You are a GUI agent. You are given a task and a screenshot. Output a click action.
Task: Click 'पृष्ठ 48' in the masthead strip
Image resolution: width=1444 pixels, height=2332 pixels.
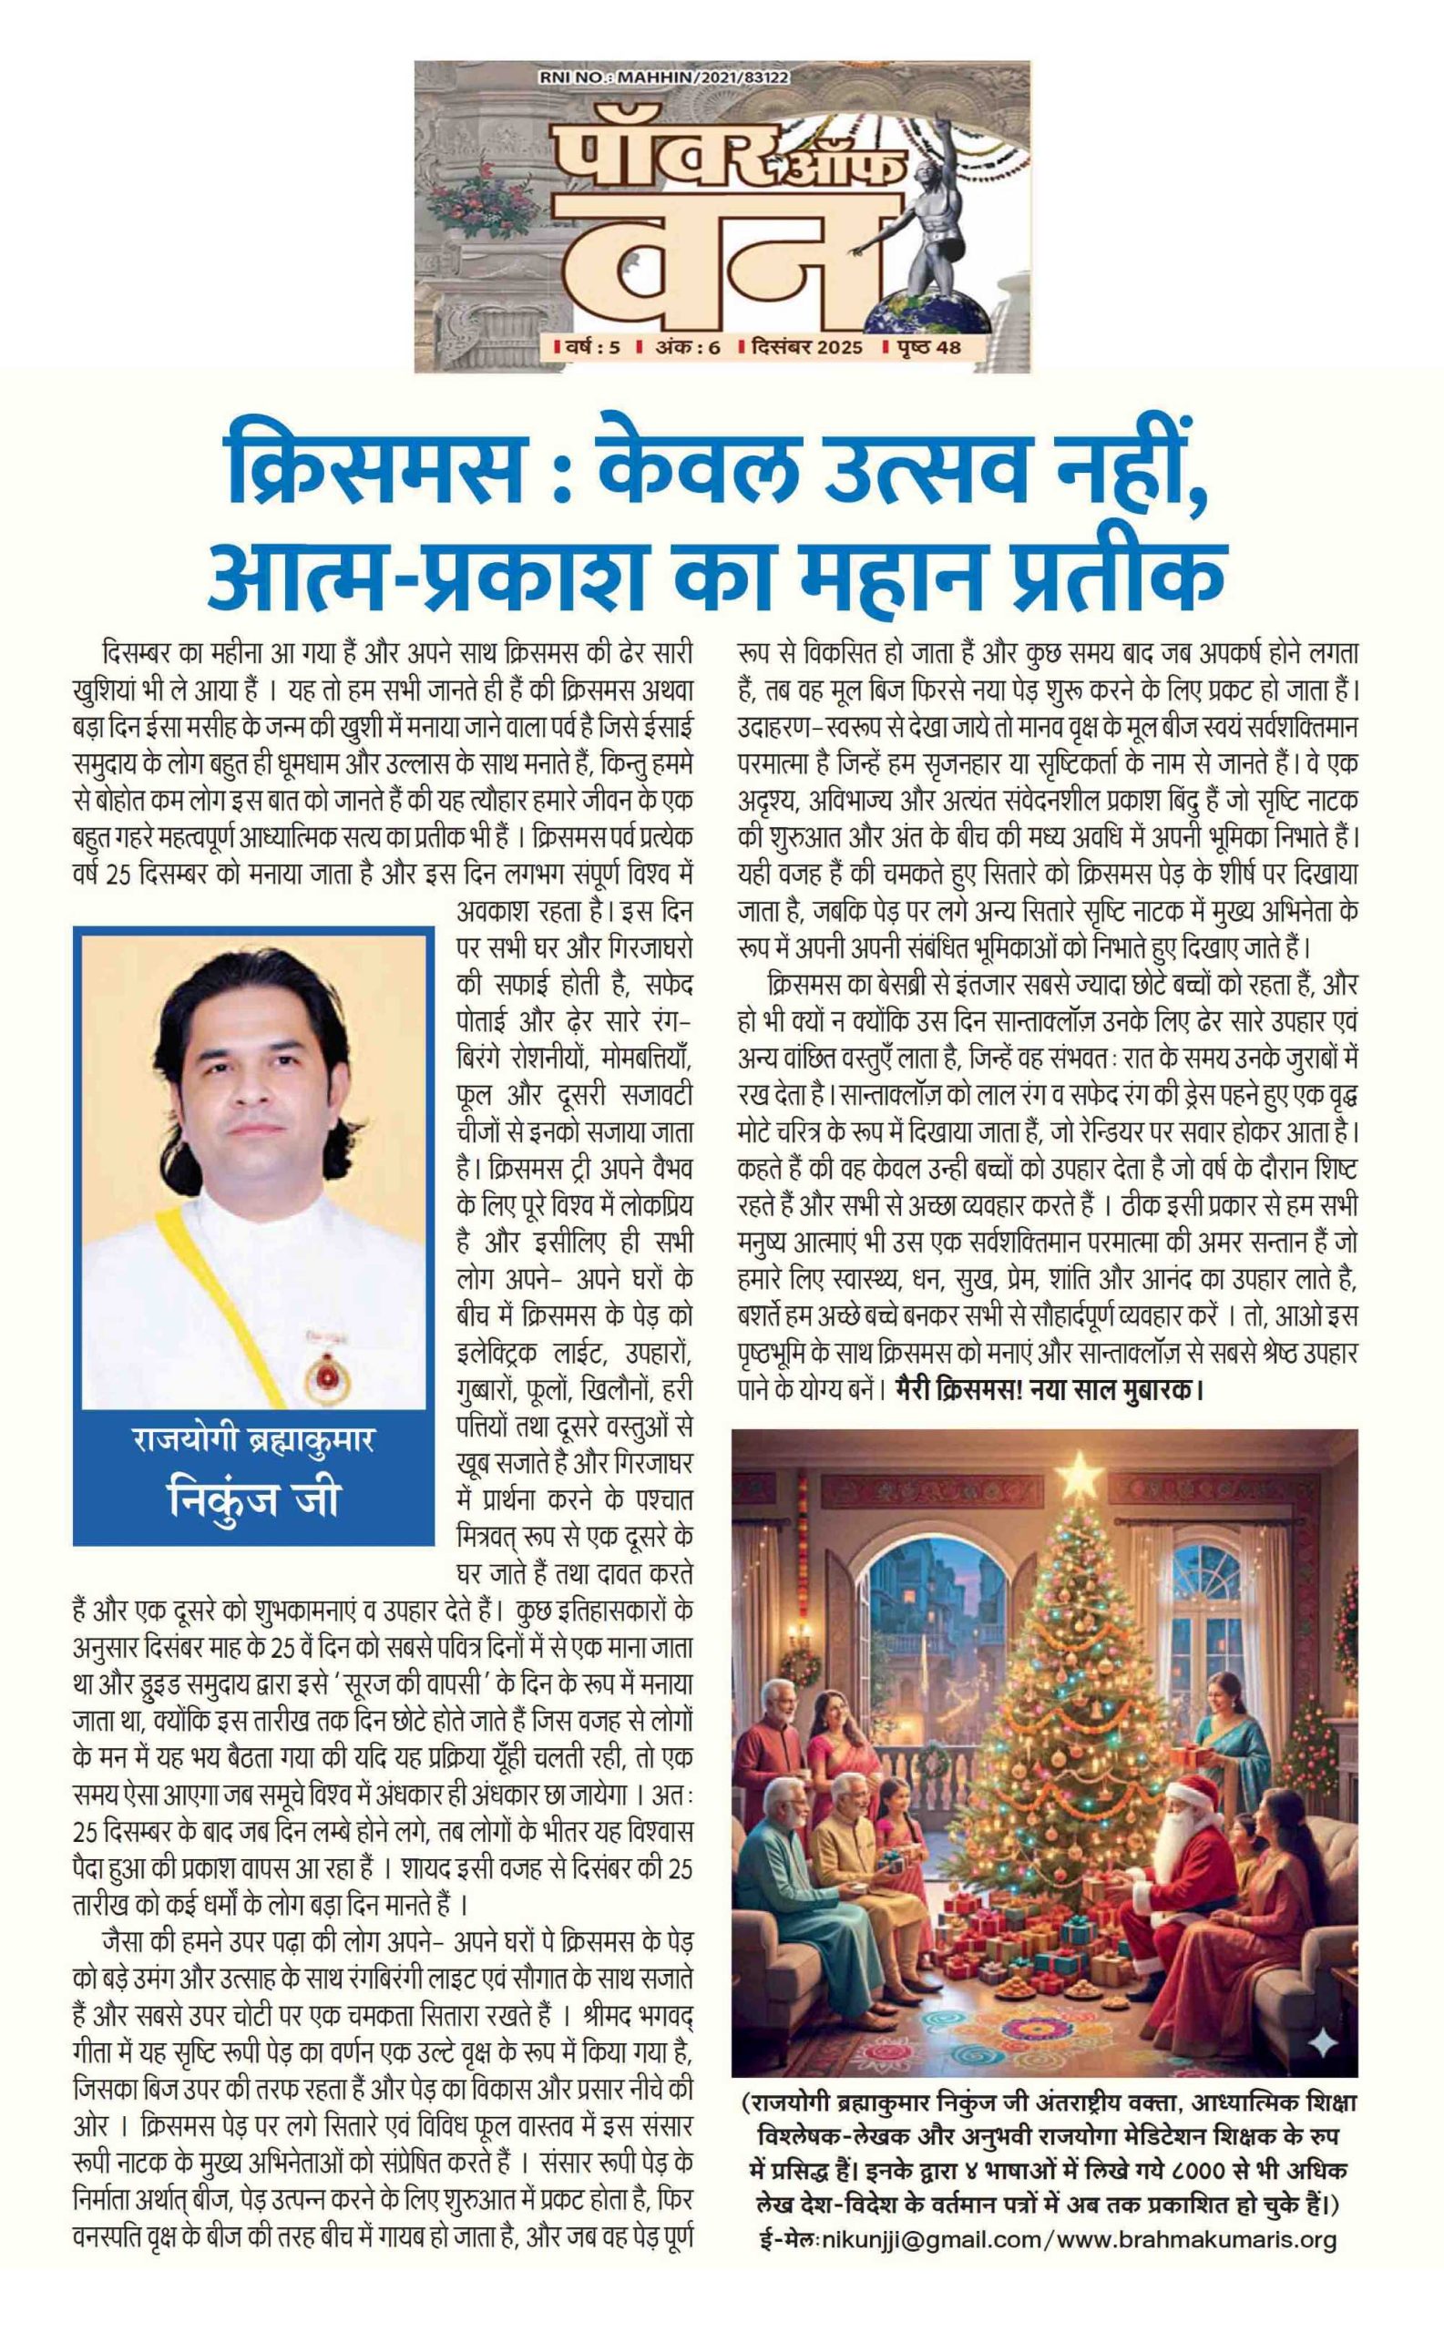click(x=923, y=347)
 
